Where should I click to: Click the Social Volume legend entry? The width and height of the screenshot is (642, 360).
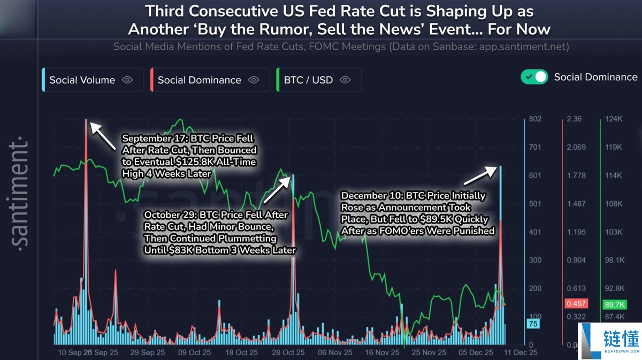[x=82, y=80]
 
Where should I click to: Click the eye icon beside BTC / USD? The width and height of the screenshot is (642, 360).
[x=346, y=80]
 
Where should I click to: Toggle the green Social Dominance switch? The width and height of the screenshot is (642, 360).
[x=534, y=77]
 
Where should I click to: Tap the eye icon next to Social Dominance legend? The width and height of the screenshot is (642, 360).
[x=254, y=80]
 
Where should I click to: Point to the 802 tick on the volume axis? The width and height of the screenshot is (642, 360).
[x=535, y=119]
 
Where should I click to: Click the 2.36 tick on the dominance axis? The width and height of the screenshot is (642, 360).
[x=574, y=119]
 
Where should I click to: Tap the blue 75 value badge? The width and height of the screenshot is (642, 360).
[x=532, y=324]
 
